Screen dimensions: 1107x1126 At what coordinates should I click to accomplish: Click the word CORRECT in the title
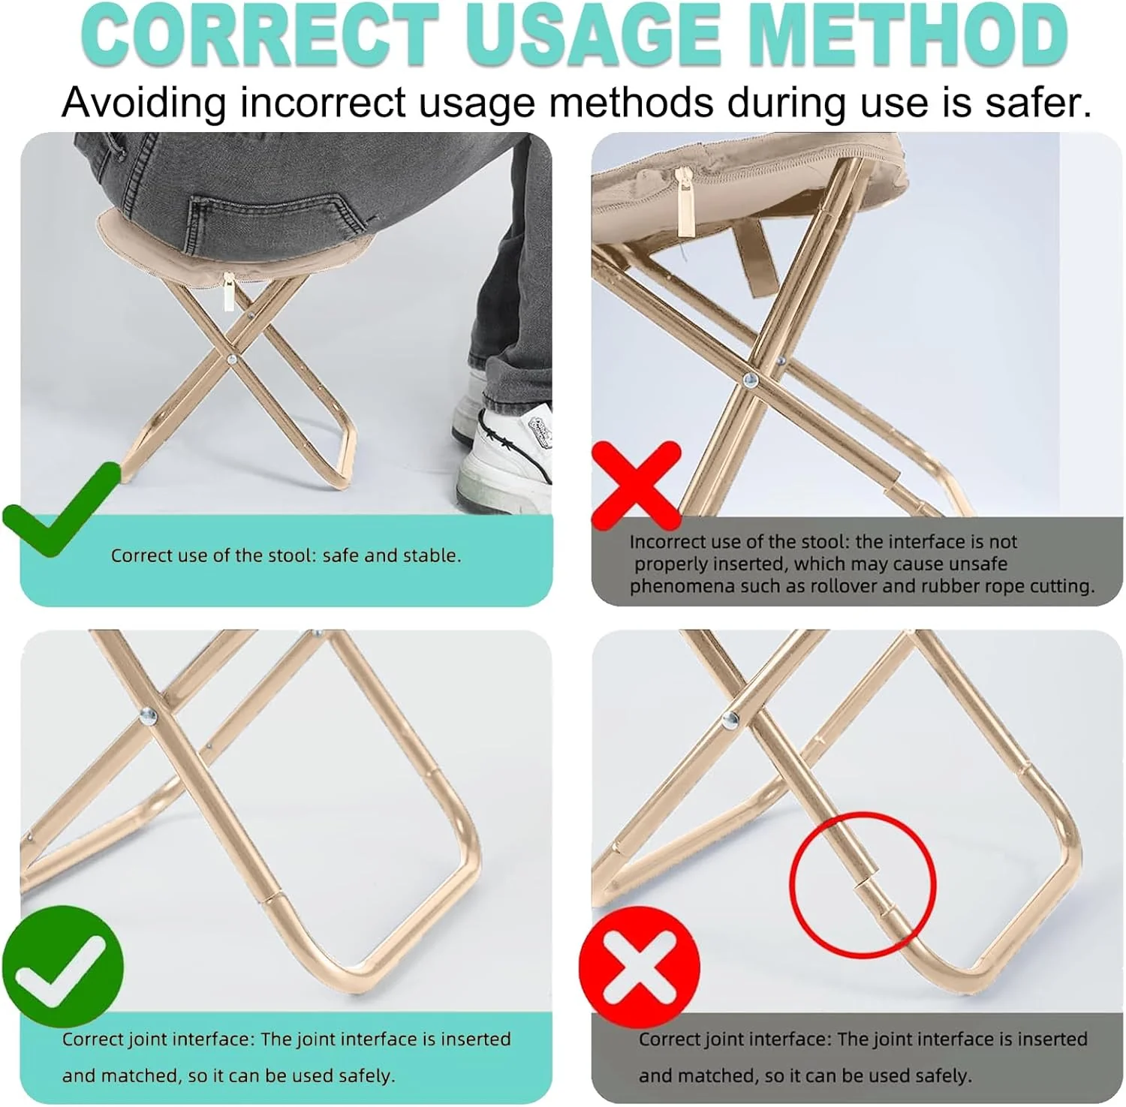click(x=260, y=36)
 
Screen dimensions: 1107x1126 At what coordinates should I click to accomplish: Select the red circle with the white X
click(x=639, y=966)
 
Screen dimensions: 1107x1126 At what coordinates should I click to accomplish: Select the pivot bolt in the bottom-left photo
click(x=149, y=717)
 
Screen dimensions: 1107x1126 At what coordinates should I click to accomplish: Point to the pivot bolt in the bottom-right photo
click(x=729, y=720)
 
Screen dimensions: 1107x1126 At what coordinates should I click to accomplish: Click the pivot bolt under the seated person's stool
click(x=232, y=359)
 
